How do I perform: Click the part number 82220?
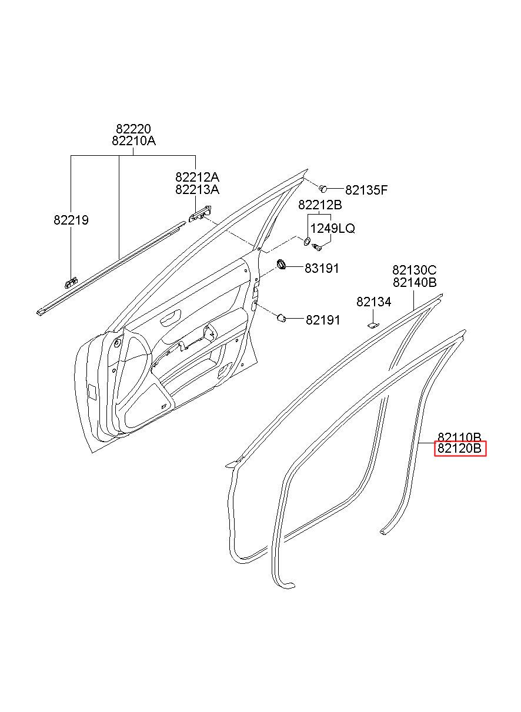pyautogui.click(x=133, y=129)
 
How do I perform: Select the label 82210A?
pyautogui.click(x=133, y=141)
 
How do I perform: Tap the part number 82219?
pyautogui.click(x=71, y=220)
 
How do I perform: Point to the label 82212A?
pyautogui.click(x=197, y=177)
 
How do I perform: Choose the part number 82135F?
pyautogui.click(x=366, y=190)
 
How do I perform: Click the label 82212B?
pyautogui.click(x=320, y=205)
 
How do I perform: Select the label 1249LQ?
pyautogui.click(x=333, y=228)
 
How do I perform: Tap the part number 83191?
pyautogui.click(x=322, y=268)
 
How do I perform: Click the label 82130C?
pyautogui.click(x=415, y=270)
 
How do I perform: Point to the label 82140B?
pyautogui.click(x=415, y=282)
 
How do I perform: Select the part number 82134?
pyautogui.click(x=373, y=302)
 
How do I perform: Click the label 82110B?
pyautogui.click(x=460, y=437)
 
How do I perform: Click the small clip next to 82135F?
pyautogui.click(x=323, y=188)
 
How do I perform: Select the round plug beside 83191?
pyautogui.click(x=282, y=264)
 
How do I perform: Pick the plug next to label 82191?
pyautogui.click(x=282, y=318)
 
